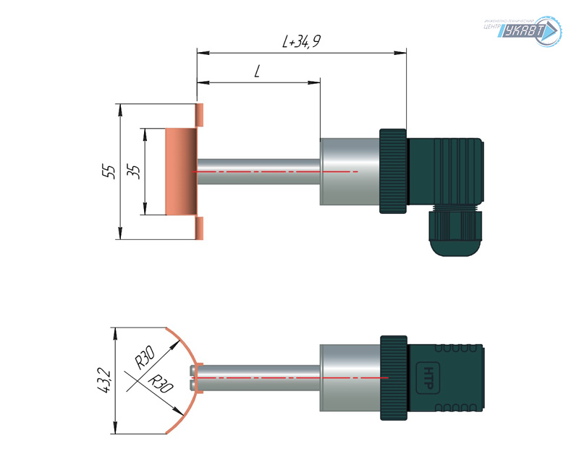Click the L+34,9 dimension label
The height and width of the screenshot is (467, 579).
click(301, 43)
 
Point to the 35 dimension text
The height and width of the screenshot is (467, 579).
click(133, 171)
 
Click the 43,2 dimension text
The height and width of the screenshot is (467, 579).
click(103, 380)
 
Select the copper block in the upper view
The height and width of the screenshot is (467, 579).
click(181, 171)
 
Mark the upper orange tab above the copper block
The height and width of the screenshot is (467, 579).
click(200, 113)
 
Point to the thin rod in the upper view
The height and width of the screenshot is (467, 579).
click(257, 171)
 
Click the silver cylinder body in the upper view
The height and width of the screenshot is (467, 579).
click(349, 171)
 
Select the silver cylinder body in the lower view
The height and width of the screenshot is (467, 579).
click(349, 377)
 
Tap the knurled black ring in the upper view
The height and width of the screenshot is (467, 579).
click(393, 171)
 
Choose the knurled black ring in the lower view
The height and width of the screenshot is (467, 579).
click(393, 377)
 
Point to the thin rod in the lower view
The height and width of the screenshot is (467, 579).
click(257, 377)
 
